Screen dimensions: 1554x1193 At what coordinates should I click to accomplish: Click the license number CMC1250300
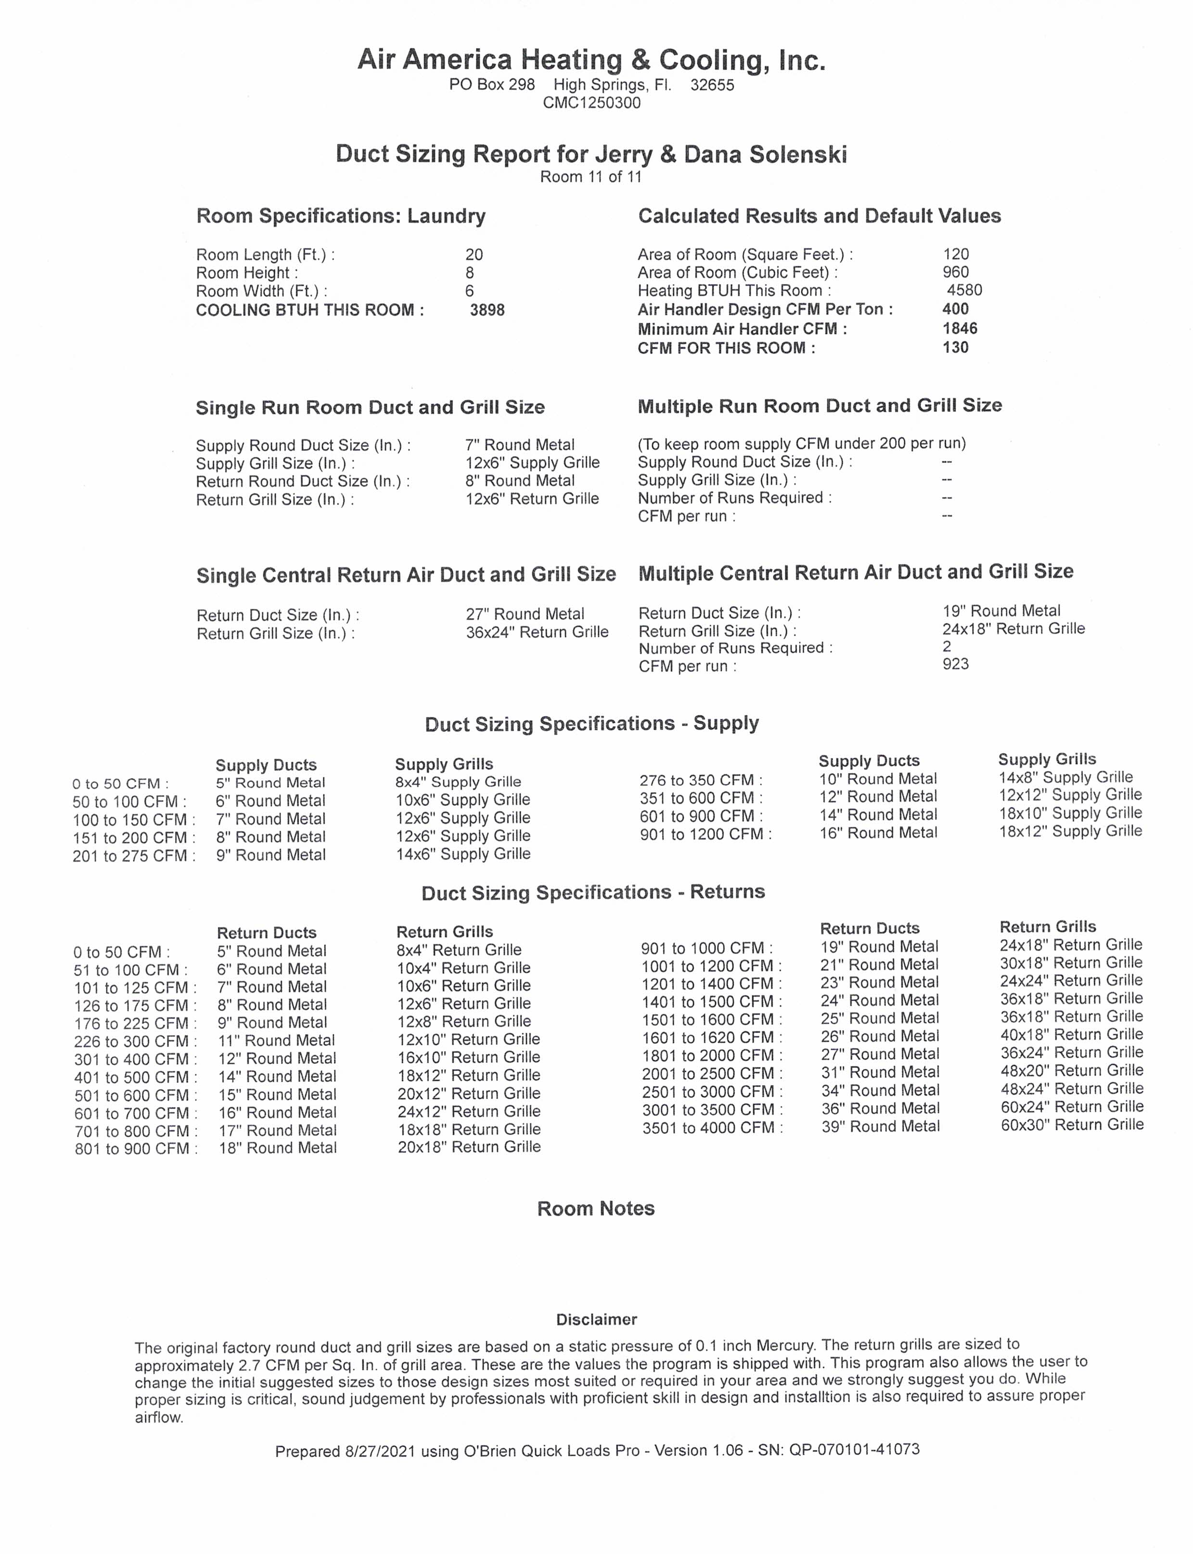coord(591,103)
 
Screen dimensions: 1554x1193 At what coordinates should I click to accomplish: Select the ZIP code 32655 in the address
coord(712,85)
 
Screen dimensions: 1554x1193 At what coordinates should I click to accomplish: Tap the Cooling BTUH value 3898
coord(487,310)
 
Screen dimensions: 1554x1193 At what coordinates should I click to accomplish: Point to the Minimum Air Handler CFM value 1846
coord(960,329)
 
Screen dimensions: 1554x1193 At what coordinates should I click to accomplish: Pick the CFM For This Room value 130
coord(955,348)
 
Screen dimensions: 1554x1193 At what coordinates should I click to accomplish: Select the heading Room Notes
coord(596,1209)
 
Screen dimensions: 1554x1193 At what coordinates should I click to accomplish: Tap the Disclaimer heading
coord(597,1320)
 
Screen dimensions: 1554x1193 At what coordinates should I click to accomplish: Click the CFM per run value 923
coord(955,665)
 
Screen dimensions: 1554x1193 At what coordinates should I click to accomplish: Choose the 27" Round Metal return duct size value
coord(525,615)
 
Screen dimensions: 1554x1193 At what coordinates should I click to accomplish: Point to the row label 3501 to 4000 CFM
coord(712,1128)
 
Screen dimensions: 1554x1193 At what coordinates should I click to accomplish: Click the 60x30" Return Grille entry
coord(1072,1125)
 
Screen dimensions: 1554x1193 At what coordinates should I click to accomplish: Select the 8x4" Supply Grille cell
coord(458,783)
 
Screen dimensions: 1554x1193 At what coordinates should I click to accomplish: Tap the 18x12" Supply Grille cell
coord(1070,832)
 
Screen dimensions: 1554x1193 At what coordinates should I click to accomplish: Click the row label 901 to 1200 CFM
coord(705,835)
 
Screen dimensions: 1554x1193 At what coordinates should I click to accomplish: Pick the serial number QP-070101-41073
coord(854,1450)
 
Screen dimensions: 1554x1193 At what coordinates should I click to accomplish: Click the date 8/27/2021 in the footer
coord(381,1451)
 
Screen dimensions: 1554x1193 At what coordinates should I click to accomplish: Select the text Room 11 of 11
coord(591,177)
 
